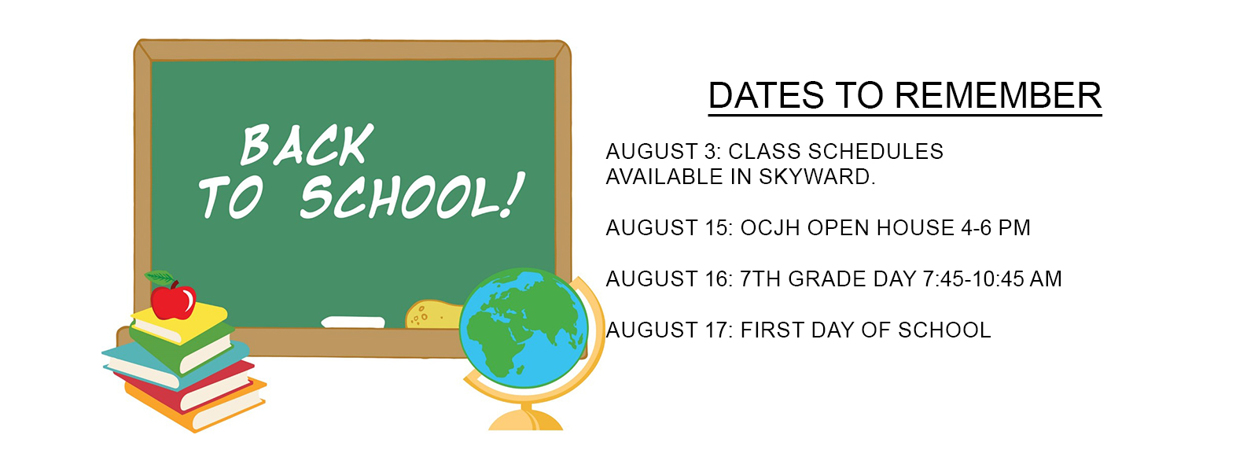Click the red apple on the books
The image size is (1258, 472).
click(x=173, y=302)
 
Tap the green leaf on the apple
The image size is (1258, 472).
click(x=160, y=278)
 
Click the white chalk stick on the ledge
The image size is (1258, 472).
click(x=353, y=322)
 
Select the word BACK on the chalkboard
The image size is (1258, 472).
click(x=307, y=145)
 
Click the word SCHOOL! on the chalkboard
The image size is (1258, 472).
click(x=413, y=196)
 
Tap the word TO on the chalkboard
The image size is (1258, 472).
click(x=231, y=197)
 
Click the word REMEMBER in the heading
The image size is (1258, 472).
click(x=998, y=95)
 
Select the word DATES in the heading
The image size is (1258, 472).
click(x=766, y=95)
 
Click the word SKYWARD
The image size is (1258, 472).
click(x=817, y=177)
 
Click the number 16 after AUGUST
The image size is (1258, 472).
click(x=719, y=278)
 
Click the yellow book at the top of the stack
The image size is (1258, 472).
click(x=180, y=324)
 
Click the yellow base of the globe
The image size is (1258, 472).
click(x=526, y=420)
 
